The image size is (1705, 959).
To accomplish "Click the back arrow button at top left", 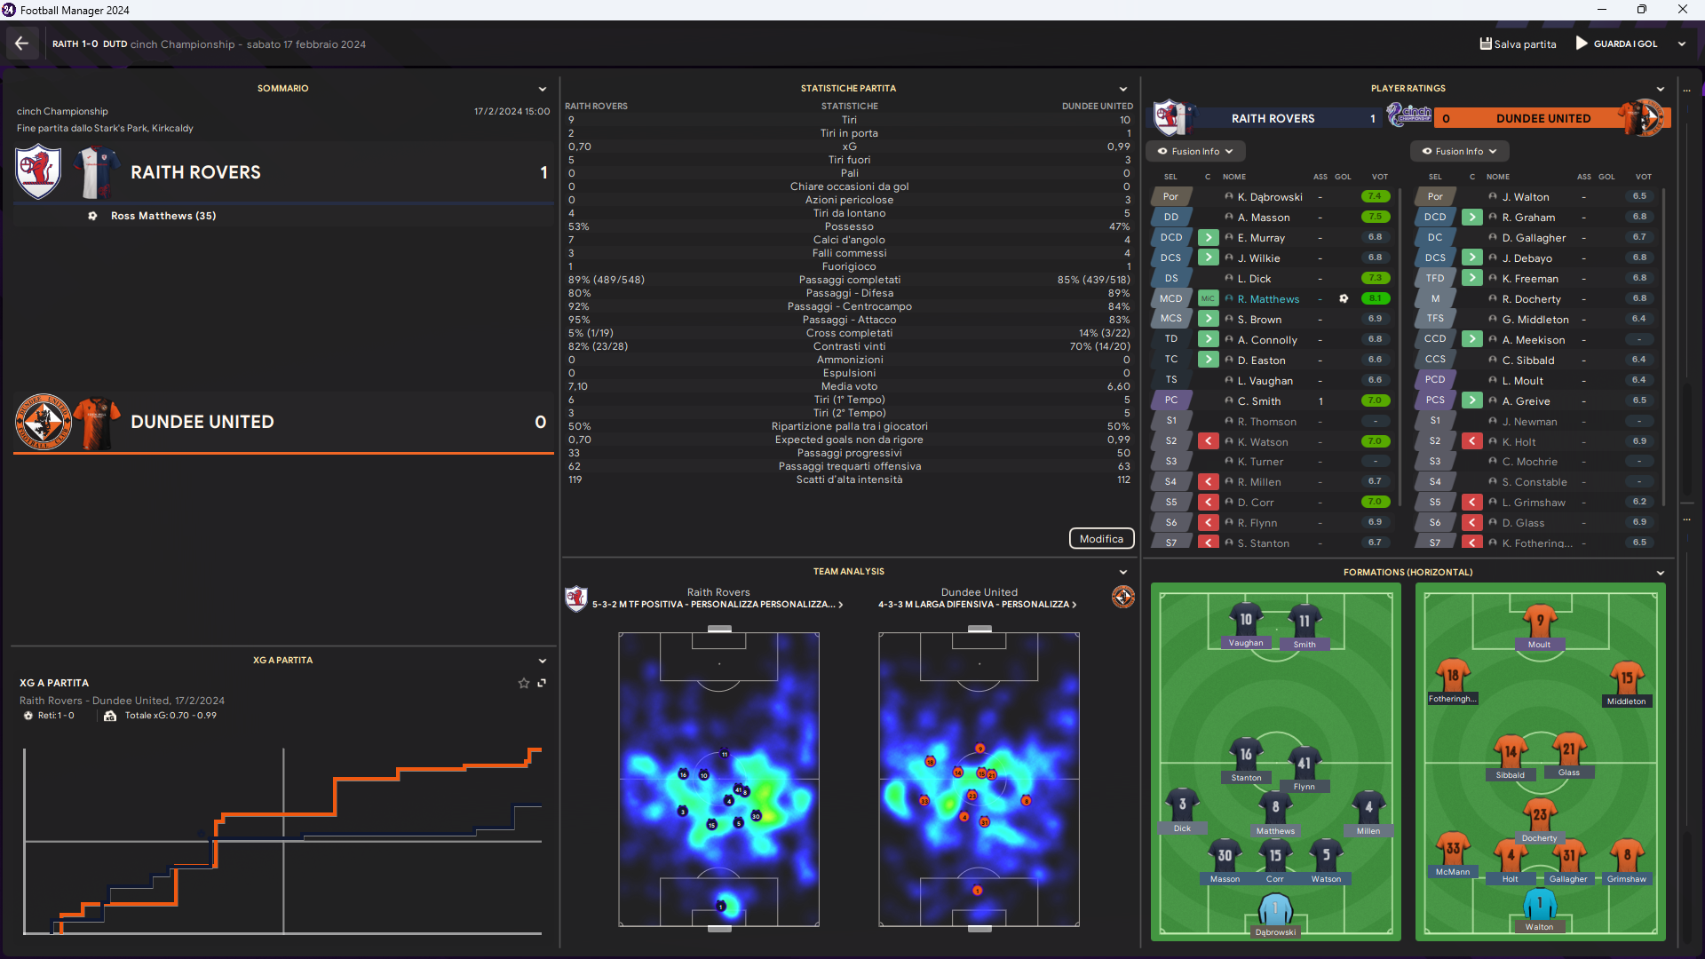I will [21, 44].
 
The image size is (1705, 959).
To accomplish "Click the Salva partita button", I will [1518, 44].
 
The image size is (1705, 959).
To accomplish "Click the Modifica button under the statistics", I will [1101, 539].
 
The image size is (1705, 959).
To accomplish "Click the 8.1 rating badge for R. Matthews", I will [1375, 298].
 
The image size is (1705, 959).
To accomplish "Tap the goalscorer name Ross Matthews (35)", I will [163, 216].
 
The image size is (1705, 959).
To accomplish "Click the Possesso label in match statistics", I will [848, 226].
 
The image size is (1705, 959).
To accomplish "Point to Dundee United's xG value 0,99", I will [1118, 147].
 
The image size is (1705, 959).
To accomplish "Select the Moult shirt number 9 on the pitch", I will [1539, 622].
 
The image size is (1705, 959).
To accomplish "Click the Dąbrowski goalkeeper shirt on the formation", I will [1274, 910].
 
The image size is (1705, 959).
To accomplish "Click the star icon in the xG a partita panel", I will [523, 683].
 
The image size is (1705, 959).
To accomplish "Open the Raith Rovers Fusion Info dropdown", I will [1195, 151].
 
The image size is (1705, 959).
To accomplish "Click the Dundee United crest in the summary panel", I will [43, 422].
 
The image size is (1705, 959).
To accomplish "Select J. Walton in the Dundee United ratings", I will [1525, 197].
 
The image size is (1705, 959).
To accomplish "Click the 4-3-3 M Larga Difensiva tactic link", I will [977, 605].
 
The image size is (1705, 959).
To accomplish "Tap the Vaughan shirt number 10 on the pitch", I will [1245, 621].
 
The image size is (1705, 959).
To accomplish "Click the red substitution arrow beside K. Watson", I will [1208, 441].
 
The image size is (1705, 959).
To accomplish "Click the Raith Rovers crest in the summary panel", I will [38, 172].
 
